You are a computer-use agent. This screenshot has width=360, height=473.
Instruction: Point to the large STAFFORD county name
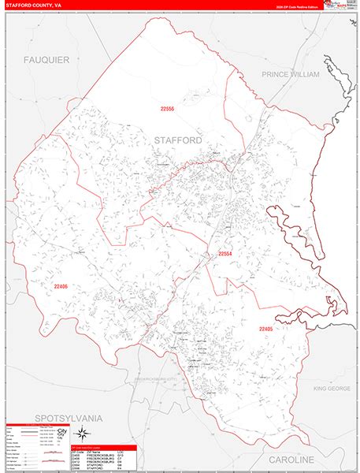[178, 140]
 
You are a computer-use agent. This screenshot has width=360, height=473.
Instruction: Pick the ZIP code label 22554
[225, 253]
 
